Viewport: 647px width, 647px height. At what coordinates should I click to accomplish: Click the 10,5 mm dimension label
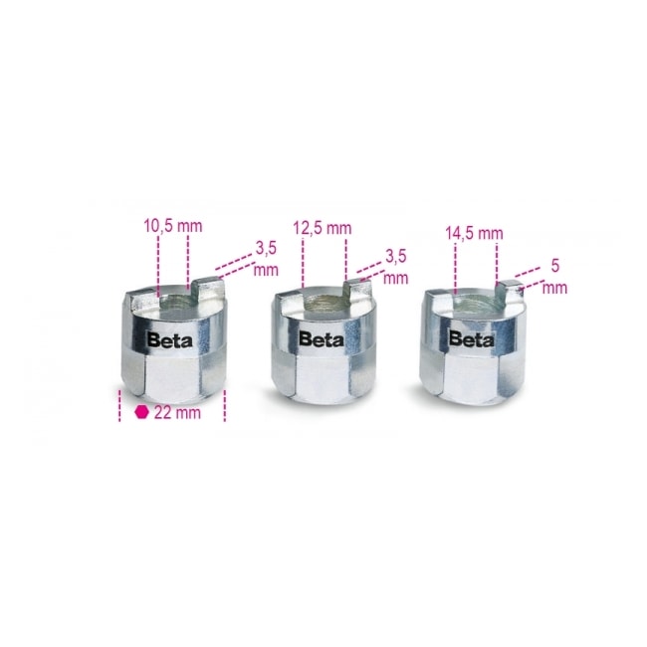173,226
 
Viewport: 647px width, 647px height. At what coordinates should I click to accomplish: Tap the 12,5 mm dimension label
323,228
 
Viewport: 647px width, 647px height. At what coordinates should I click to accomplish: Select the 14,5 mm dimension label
474,234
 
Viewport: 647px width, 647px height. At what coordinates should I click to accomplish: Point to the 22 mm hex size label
177,413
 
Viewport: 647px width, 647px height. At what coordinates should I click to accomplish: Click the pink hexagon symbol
141,412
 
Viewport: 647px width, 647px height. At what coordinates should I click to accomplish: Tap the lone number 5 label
555,266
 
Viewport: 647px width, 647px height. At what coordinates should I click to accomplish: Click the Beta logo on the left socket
169,340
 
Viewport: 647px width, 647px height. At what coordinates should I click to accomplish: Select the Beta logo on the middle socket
322,339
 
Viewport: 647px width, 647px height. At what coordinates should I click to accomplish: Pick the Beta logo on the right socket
471,338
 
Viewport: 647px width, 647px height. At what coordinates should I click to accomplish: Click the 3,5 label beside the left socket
266,249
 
